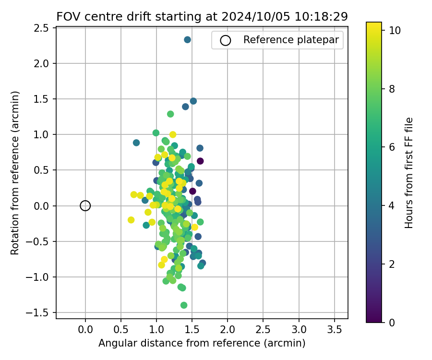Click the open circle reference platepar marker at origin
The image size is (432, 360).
(x=85, y=206)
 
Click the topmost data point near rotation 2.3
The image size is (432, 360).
(x=188, y=40)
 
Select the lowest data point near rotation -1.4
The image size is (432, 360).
(x=184, y=305)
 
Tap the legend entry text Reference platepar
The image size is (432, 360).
(x=293, y=40)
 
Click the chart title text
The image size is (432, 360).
(x=202, y=17)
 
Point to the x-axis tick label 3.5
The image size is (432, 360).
(x=334, y=330)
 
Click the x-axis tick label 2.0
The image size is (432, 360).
(x=228, y=330)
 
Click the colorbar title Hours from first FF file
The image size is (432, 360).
(x=409, y=173)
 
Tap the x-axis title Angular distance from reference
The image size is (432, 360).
(x=202, y=343)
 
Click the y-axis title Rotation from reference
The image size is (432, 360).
(x=15, y=173)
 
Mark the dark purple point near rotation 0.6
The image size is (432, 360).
(x=200, y=161)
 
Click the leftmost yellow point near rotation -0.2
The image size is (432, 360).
(x=131, y=220)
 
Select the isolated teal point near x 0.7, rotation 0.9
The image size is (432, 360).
(x=136, y=143)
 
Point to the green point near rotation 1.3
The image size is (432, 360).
(x=170, y=114)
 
